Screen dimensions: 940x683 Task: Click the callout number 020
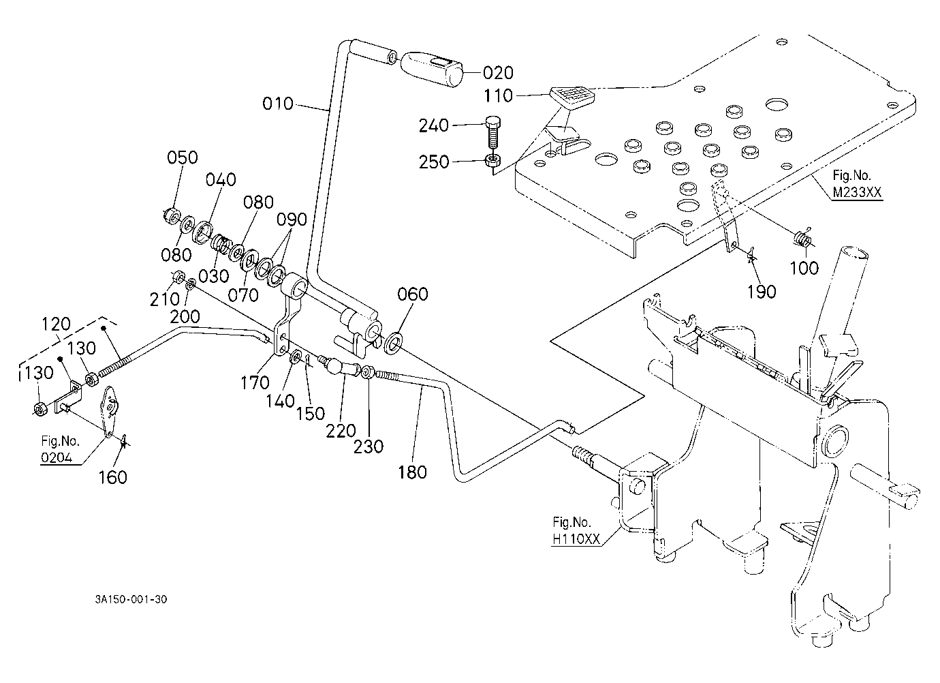pos(498,73)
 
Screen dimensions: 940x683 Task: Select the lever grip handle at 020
pos(431,70)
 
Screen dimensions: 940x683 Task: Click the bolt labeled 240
pos(492,133)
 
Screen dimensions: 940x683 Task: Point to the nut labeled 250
pos(492,161)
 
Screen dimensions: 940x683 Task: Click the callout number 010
pos(278,104)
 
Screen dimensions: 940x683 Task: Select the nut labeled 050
pos(171,216)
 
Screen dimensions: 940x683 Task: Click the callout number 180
pos(413,472)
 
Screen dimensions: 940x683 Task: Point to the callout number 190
pos(762,292)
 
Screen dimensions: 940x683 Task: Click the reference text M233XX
pos(858,192)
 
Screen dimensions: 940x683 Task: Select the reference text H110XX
pos(576,539)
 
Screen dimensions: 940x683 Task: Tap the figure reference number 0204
pos(57,457)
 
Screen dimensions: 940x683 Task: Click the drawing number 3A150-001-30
pos(131,599)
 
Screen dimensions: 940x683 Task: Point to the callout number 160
pos(112,478)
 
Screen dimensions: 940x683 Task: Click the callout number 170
pos(255,382)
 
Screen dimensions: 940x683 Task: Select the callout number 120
pos(57,324)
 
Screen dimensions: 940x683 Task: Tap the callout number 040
pos(221,180)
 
